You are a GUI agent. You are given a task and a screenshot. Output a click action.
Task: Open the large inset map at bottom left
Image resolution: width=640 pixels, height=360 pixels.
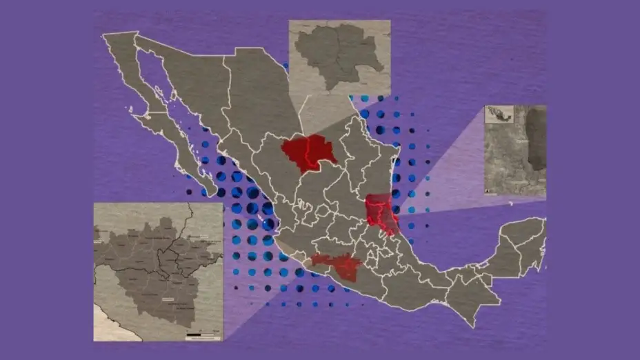point(159,272)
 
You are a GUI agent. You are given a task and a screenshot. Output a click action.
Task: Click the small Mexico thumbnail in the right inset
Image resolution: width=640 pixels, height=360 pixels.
point(500,114)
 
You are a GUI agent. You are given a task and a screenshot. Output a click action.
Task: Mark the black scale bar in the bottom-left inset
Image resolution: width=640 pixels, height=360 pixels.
point(203,334)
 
